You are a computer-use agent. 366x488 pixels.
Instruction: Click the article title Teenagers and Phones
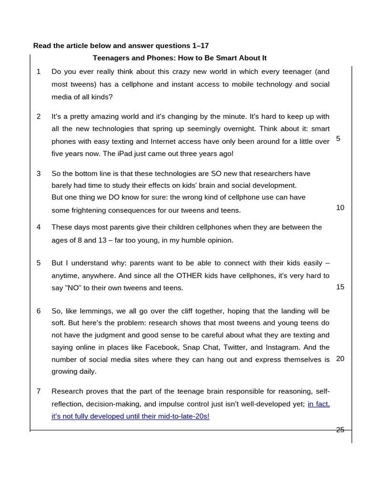tap(179, 58)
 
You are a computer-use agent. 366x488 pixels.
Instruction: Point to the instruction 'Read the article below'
tap(121, 46)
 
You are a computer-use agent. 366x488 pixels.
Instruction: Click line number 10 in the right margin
tap(340, 207)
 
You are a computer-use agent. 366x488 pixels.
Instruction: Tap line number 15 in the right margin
tap(340, 287)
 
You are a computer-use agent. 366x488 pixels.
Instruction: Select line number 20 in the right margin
tap(340, 358)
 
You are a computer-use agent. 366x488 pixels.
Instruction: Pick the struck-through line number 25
tap(340, 430)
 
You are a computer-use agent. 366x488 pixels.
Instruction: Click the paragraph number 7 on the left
tap(39, 391)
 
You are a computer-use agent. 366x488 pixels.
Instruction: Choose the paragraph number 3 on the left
tap(39, 173)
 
